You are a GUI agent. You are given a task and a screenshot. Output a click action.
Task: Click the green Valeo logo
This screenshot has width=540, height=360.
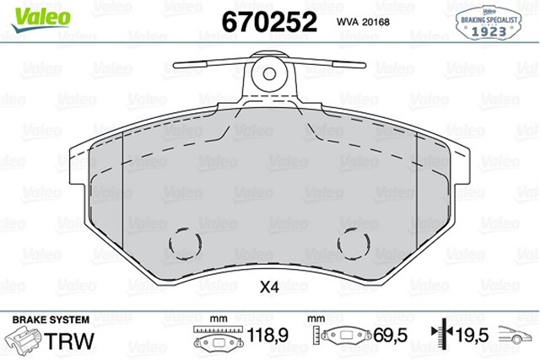tap(40, 19)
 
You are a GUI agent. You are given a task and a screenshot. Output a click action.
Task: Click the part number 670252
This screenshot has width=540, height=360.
tap(269, 22)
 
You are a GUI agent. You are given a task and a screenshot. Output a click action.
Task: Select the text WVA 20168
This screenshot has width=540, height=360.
tap(363, 22)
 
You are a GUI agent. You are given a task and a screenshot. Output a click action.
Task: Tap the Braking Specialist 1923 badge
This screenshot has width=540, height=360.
tap(489, 23)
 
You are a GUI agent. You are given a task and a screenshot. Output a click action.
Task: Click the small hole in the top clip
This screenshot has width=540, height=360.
tap(269, 73)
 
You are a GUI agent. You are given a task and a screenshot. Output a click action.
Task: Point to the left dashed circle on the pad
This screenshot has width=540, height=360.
tap(186, 244)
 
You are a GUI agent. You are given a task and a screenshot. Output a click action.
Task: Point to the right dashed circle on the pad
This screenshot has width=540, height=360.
tap(354, 244)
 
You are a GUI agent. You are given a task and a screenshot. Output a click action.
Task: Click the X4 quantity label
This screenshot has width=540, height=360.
tap(269, 287)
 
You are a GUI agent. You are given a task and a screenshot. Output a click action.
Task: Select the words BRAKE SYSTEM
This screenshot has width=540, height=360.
tap(51, 320)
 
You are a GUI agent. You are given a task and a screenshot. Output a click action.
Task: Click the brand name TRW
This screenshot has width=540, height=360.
tap(69, 341)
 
